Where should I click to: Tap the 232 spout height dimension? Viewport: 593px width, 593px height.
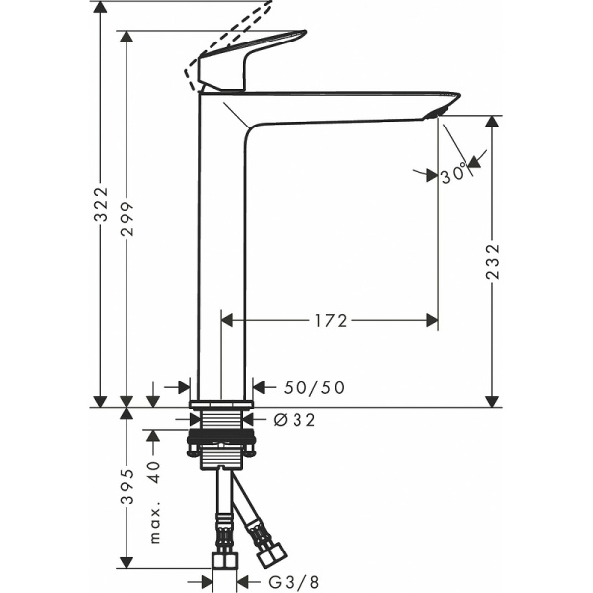pos(493,262)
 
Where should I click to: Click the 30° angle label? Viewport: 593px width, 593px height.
pos(454,174)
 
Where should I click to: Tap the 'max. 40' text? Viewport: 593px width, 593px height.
pos(154,502)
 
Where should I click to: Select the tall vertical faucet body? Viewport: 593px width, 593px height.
pos(222,247)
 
